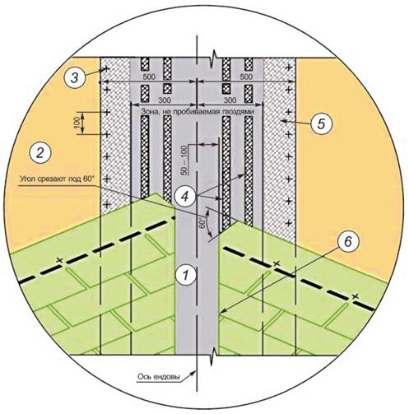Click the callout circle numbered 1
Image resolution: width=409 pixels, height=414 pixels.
(186, 275)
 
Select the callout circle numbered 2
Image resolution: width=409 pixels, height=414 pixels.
(40, 153)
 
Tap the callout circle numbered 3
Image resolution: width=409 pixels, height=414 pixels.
(74, 77)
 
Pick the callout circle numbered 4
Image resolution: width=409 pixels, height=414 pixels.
(186, 196)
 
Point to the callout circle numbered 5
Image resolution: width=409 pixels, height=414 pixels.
(321, 123)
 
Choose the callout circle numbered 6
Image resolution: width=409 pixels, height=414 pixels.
(347, 242)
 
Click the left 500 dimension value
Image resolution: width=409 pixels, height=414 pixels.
(149, 77)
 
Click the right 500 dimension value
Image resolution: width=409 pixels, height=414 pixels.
(245, 77)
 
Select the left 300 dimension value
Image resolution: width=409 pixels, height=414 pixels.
(165, 100)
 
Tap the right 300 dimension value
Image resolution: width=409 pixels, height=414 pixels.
(230, 100)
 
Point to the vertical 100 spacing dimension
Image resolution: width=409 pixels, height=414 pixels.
(77, 123)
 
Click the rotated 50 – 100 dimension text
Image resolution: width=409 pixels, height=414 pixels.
(184, 160)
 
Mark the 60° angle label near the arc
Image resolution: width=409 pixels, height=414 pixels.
(202, 223)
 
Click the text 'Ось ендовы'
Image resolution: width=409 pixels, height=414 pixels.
(159, 377)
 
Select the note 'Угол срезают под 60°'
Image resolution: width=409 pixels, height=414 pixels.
(57, 179)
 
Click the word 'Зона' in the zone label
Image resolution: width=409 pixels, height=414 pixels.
(149, 112)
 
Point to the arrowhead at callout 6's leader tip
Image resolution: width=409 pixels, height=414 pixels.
(221, 311)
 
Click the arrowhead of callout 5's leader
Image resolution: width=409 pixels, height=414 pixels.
(283, 121)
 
